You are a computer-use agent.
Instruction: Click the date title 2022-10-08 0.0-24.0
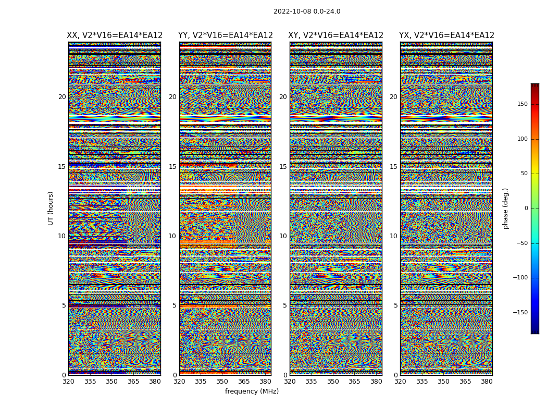pos(307,11)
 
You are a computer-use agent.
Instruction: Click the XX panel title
pos(115,35)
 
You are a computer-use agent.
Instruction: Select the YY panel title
pos(225,35)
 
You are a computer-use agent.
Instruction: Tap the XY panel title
pos(336,35)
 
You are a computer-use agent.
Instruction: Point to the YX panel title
pos(446,35)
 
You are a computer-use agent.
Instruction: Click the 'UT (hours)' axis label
pos(51,208)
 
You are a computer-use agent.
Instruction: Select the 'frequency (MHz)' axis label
pos(252,391)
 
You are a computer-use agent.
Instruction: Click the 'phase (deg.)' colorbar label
pos(505,208)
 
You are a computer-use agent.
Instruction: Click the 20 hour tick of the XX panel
pos(62,97)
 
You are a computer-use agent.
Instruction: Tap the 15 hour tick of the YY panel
pos(172,167)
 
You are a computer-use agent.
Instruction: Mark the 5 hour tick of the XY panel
pos(285,305)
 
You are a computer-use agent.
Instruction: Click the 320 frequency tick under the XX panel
pos(68,382)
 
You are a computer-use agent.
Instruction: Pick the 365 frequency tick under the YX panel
pos(465,382)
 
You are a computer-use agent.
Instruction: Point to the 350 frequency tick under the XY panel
pos(333,382)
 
